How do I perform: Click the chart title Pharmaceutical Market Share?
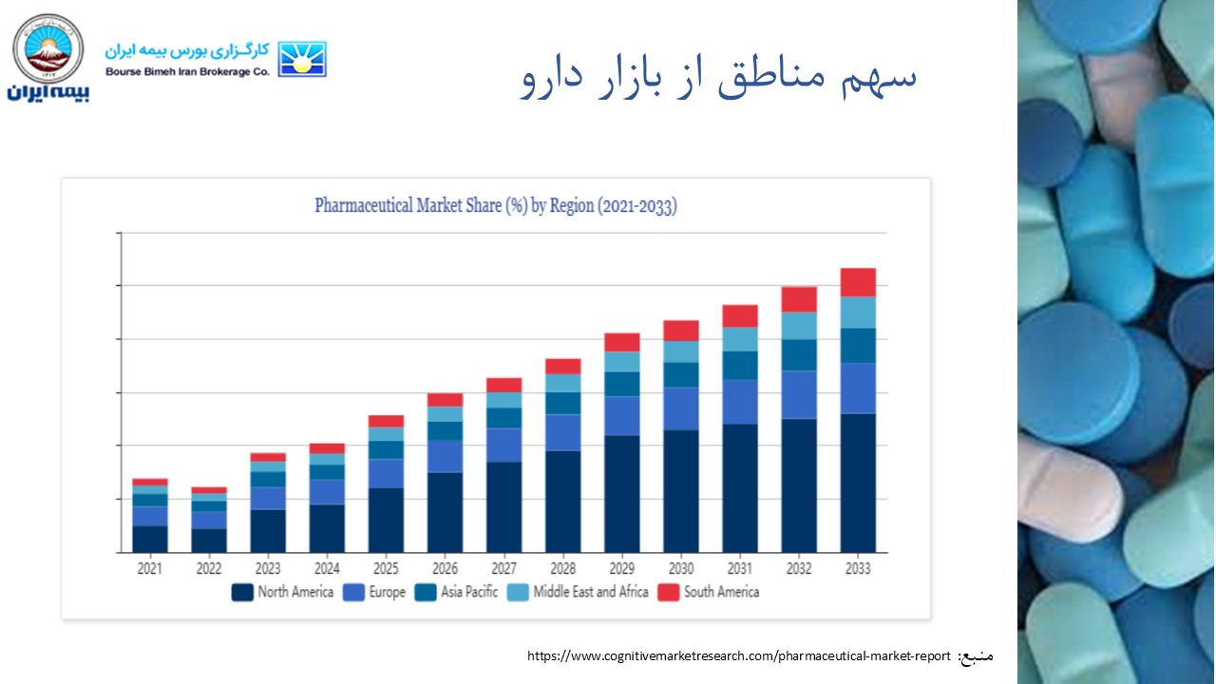coord(495,206)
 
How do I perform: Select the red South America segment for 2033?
coord(858,282)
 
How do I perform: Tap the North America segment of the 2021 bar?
coord(150,539)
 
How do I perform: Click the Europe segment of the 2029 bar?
coord(622,415)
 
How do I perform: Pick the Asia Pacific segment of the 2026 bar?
coord(445,430)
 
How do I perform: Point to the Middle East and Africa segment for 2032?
coord(799,326)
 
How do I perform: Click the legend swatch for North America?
coord(242,593)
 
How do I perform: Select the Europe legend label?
coord(387,593)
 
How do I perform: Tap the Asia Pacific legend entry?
coord(469,593)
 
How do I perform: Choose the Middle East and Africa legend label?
coord(590,593)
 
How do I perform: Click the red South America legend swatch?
coord(669,593)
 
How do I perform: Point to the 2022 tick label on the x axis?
coord(209,569)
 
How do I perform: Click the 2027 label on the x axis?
coord(503,569)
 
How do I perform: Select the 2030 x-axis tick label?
coord(681,569)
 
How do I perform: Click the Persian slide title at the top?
coord(719,79)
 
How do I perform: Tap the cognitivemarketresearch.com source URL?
coord(738,656)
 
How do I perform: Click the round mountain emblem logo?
coord(47,49)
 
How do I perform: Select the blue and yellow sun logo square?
coord(302,59)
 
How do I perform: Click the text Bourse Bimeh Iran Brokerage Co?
coord(187,71)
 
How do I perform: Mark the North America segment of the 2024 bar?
coord(327,528)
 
